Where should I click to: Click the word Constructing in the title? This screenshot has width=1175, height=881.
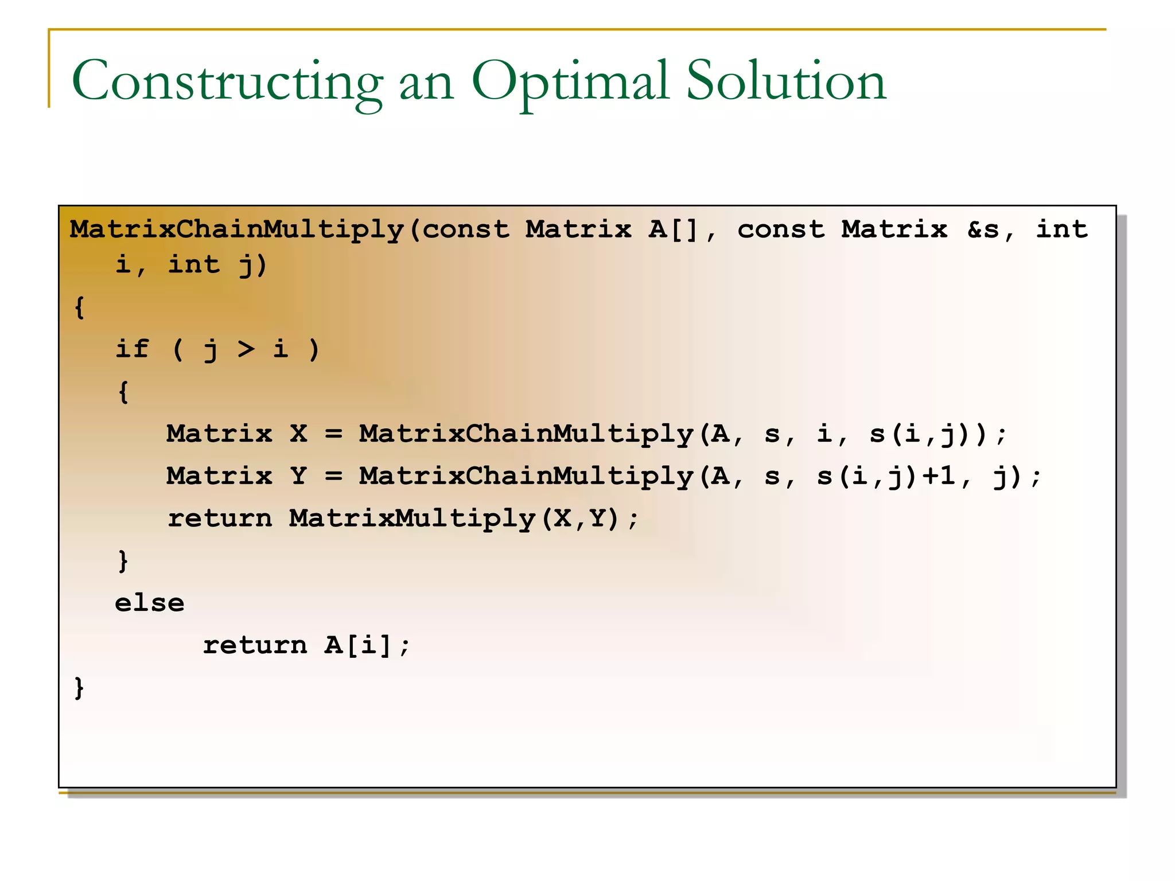(x=227, y=81)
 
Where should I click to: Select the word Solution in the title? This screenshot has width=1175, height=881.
(x=786, y=81)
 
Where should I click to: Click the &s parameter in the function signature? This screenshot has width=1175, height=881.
(x=983, y=229)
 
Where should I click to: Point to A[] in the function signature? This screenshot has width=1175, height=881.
(x=673, y=229)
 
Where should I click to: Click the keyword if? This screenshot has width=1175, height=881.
(x=132, y=349)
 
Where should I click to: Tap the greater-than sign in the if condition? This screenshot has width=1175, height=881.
(x=246, y=349)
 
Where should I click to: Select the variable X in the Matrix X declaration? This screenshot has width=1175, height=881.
(x=298, y=434)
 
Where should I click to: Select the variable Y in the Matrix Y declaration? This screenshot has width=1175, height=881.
(x=298, y=476)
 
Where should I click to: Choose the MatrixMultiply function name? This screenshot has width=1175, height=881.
(x=412, y=519)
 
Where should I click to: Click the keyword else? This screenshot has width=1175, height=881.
(x=149, y=603)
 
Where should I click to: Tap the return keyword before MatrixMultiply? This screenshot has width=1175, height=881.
(x=219, y=519)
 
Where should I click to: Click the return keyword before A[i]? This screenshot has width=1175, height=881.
(x=255, y=646)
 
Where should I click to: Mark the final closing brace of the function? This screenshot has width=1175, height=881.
(x=79, y=688)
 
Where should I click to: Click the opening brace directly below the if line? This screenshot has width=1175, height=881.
(x=123, y=392)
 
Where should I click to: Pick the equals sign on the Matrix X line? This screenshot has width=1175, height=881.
(x=333, y=434)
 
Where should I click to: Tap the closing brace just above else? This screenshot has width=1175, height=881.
(x=123, y=561)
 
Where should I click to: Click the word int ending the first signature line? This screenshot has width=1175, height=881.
(x=1061, y=229)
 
